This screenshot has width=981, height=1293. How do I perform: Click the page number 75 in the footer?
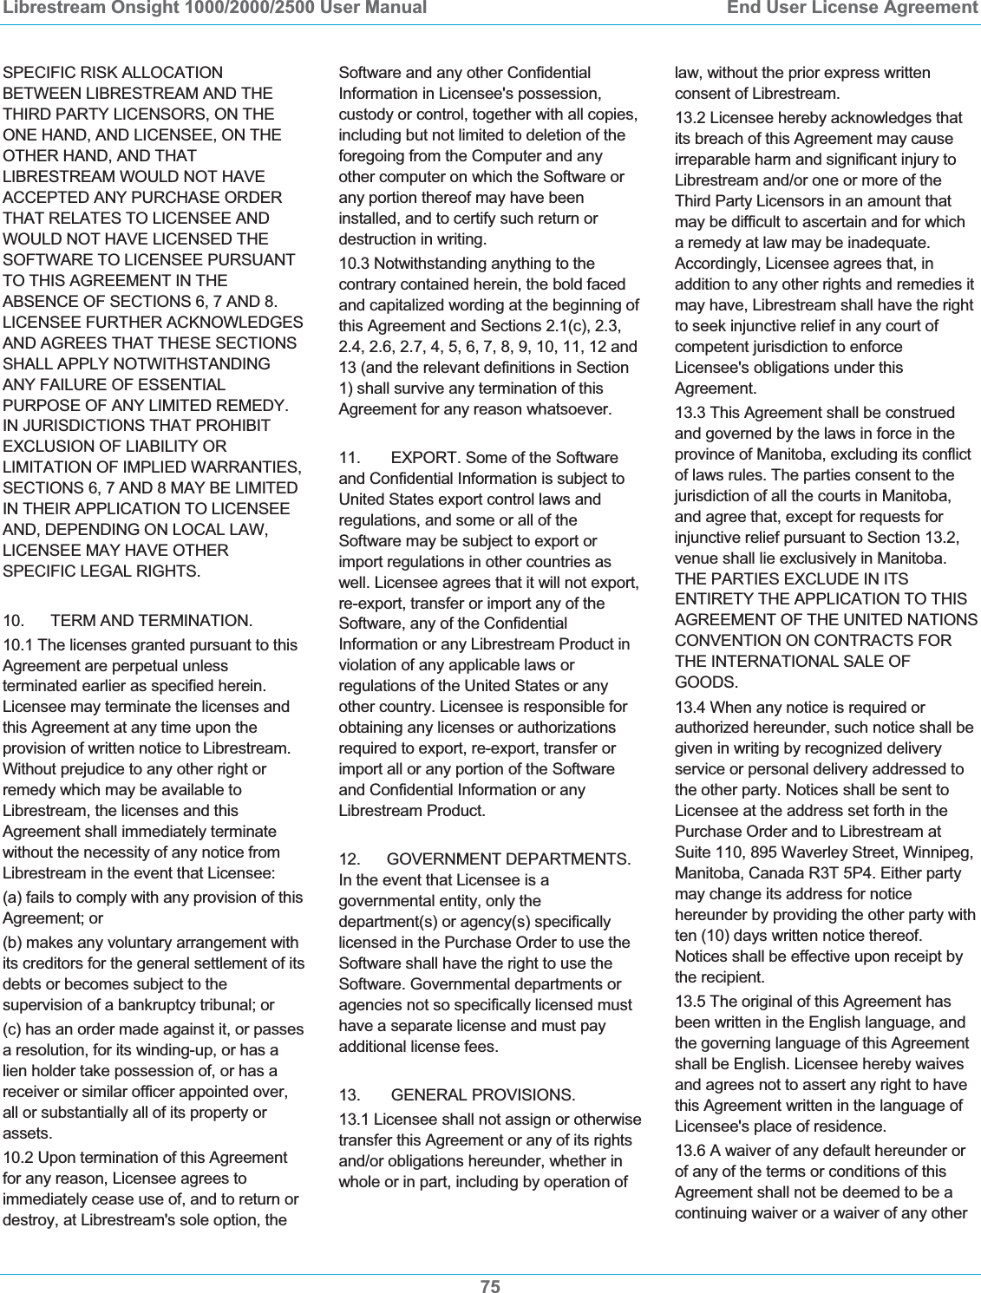(490, 1286)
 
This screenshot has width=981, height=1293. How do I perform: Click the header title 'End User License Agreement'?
(852, 9)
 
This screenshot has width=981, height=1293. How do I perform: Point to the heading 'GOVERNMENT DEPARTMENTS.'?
(508, 859)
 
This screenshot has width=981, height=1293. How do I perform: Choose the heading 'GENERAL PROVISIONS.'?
(482, 1095)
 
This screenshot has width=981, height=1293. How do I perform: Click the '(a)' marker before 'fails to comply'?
(14, 898)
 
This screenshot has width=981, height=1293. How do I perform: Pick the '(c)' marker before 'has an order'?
(14, 1029)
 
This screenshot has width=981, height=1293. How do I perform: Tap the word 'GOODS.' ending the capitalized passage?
(706, 682)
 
